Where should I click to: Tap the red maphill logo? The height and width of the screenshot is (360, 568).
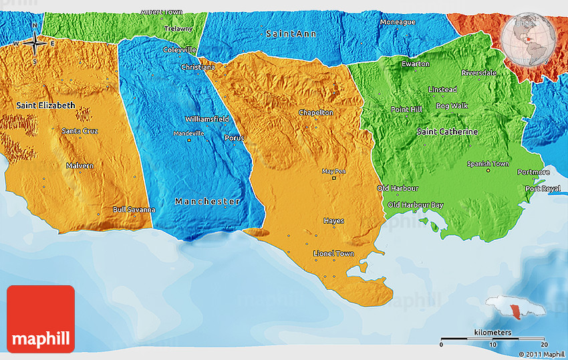click(x=41, y=319)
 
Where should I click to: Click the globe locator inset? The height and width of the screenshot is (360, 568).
click(x=529, y=39)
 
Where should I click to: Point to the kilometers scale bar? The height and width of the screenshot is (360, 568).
click(x=492, y=339)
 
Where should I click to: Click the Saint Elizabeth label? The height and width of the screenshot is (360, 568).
click(x=46, y=106)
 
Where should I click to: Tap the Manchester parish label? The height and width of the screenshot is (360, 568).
click(x=208, y=201)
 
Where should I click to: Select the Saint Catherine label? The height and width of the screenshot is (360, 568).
click(x=447, y=132)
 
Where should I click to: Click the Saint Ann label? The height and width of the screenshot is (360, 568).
click(x=291, y=33)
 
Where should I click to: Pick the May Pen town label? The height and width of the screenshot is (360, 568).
click(x=334, y=171)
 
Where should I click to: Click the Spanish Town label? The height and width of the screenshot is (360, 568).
click(x=488, y=164)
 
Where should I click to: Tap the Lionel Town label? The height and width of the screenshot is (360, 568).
click(x=333, y=254)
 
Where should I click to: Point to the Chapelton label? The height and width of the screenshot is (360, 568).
click(x=316, y=112)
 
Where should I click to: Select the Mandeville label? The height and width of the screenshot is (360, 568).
click(x=188, y=134)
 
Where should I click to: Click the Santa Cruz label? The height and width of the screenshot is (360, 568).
click(x=80, y=131)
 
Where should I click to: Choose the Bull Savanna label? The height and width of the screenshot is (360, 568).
click(x=134, y=210)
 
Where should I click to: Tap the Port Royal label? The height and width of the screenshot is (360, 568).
click(x=542, y=189)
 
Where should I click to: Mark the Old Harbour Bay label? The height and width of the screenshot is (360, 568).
click(x=415, y=204)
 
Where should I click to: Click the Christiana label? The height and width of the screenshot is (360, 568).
click(x=198, y=67)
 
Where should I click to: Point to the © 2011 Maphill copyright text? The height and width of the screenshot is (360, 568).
click(x=542, y=354)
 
